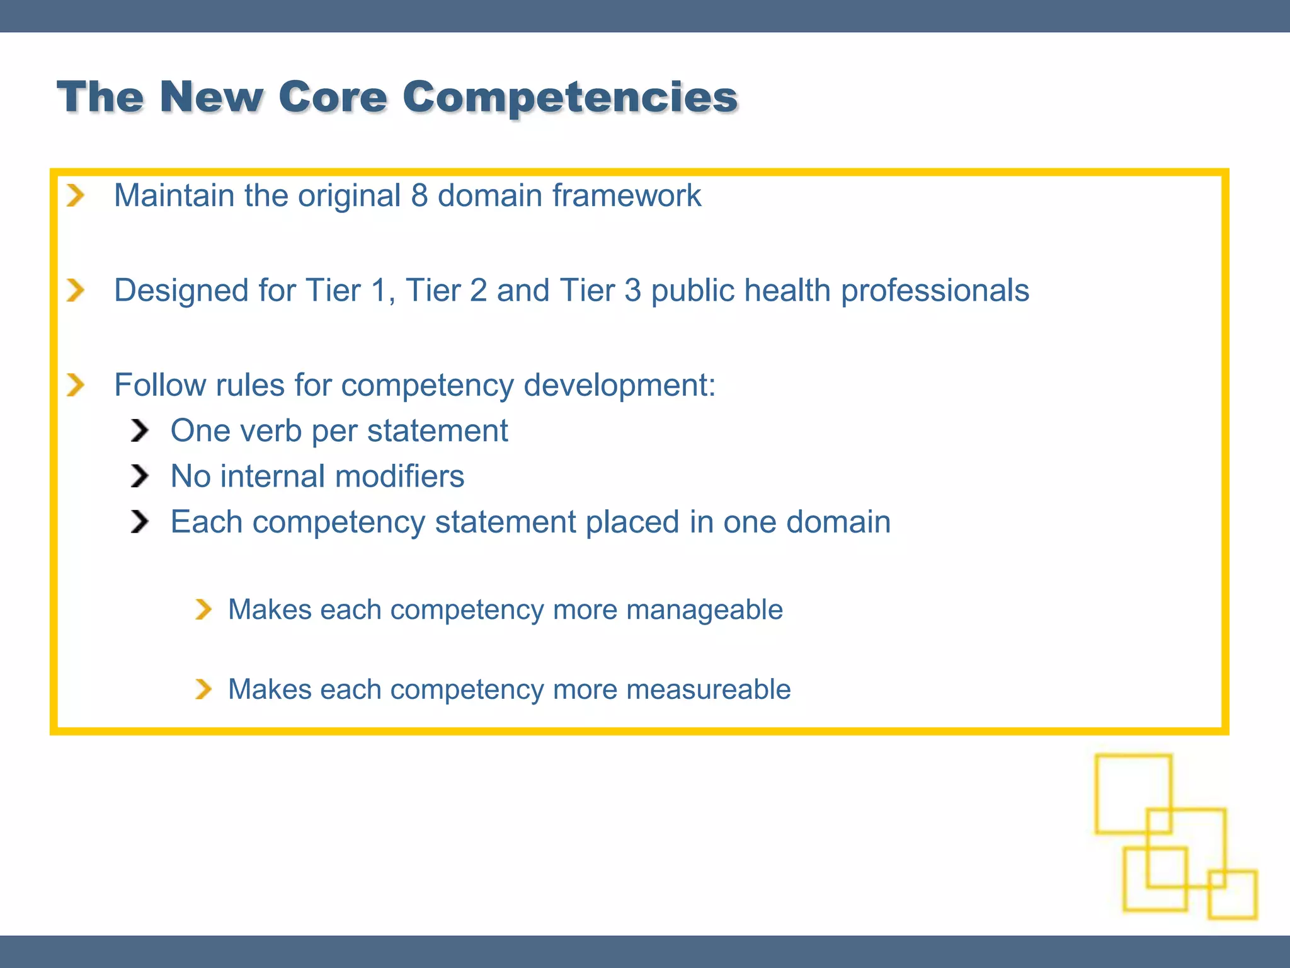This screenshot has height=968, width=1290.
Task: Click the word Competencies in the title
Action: click(570, 98)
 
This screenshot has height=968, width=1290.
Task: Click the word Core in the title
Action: click(333, 98)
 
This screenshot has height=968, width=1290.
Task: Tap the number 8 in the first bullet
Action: click(420, 195)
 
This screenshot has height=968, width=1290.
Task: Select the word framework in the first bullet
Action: click(627, 195)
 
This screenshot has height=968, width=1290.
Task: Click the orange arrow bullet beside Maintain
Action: click(76, 195)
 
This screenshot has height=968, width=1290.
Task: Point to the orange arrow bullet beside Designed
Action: click(76, 291)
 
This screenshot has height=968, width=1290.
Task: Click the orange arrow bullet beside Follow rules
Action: click(76, 385)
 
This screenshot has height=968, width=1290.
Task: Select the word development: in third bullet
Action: click(620, 385)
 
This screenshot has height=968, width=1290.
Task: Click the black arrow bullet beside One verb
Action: click(139, 431)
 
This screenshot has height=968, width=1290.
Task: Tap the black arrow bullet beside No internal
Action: click(139, 476)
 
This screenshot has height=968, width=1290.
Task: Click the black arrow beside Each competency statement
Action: click(139, 522)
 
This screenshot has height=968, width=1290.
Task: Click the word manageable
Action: click(704, 610)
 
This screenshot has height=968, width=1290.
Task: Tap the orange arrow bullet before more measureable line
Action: click(203, 689)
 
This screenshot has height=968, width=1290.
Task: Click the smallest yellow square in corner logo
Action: click(1233, 894)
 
